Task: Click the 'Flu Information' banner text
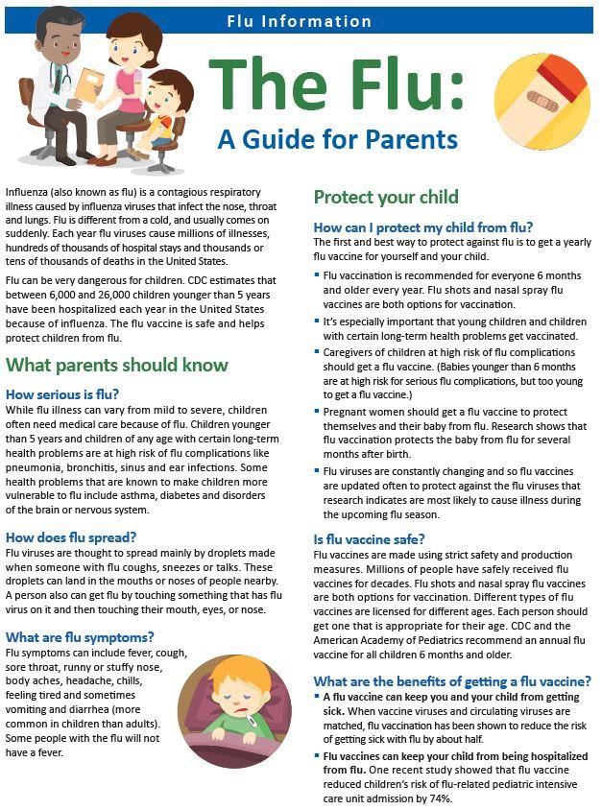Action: (298, 19)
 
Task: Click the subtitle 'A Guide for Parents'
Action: (338, 139)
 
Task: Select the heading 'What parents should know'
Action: (117, 365)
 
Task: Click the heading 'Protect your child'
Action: (386, 198)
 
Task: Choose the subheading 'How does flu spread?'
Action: (72, 537)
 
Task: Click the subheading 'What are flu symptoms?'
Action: (80, 637)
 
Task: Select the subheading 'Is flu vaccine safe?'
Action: (370, 539)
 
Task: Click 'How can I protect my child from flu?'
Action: (423, 227)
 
